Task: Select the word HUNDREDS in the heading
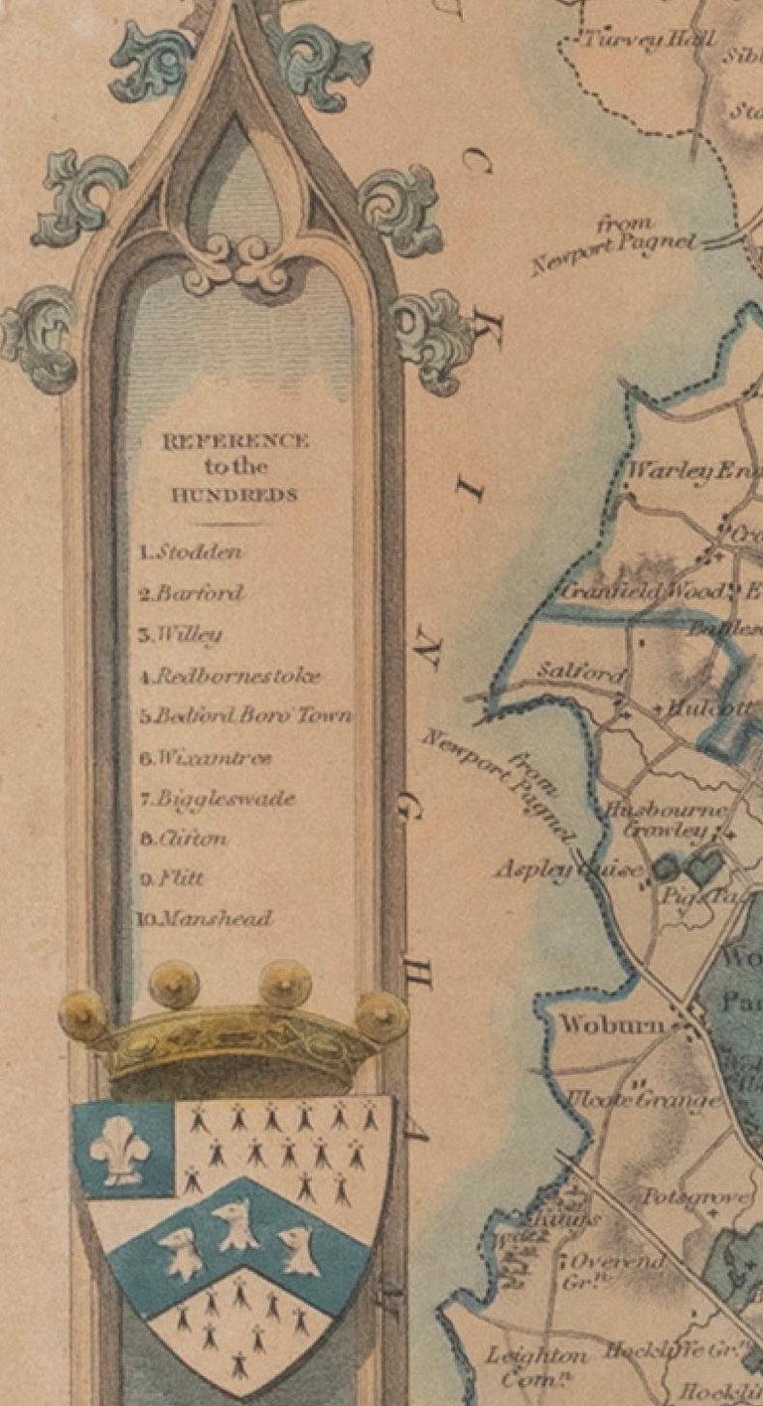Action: [236, 496]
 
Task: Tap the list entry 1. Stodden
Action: [191, 552]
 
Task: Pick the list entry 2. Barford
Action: [191, 593]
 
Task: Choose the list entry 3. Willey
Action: [180, 635]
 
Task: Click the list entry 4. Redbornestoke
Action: [229, 677]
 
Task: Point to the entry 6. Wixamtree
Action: [205, 758]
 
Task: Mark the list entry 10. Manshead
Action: [204, 919]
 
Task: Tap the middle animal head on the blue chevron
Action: [236, 1224]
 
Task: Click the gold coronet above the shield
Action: [234, 1033]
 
